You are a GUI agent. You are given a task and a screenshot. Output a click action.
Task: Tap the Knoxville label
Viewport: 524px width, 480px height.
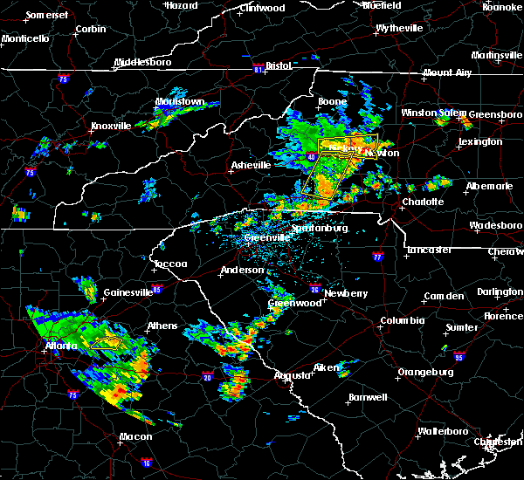click(111, 126)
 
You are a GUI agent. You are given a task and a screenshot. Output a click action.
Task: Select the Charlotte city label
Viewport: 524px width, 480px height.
click(423, 202)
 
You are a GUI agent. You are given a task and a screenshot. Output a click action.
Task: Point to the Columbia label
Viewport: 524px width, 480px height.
click(402, 321)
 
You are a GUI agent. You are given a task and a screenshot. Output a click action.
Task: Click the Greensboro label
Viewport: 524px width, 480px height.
click(495, 114)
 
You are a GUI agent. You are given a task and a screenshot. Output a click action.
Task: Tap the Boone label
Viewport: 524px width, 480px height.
click(332, 102)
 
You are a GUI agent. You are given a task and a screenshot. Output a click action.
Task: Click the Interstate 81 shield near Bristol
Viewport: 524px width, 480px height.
click(259, 65)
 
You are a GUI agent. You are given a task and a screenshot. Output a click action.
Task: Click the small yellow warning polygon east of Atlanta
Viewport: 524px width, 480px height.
click(107, 342)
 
